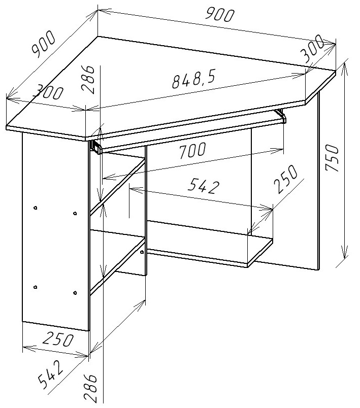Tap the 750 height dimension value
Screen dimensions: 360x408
pyautogui.click(x=332, y=157)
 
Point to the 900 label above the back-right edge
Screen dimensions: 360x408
pyautogui.click(x=219, y=14)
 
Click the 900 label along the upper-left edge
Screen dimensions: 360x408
pyautogui.click(x=43, y=44)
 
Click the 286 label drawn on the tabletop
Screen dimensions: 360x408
pyautogui.click(x=87, y=79)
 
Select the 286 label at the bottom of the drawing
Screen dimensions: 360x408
pyautogui.click(x=90, y=388)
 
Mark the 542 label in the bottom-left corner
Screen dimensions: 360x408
pyautogui.click(x=50, y=373)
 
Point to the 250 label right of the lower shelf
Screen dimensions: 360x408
pyautogui.click(x=286, y=179)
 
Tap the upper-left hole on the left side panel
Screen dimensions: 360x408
pyautogui.click(x=36, y=208)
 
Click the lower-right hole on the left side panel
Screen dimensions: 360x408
pyautogui.click(x=75, y=293)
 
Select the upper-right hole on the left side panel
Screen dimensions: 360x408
pyautogui.click(x=75, y=213)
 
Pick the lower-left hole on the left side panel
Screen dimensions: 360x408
pyautogui.click(x=36, y=287)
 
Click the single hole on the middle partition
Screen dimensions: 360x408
pyautogui.click(x=142, y=252)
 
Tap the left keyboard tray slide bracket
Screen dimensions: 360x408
pyautogui.click(x=96, y=147)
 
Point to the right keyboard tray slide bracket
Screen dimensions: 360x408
pyautogui.click(x=281, y=115)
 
